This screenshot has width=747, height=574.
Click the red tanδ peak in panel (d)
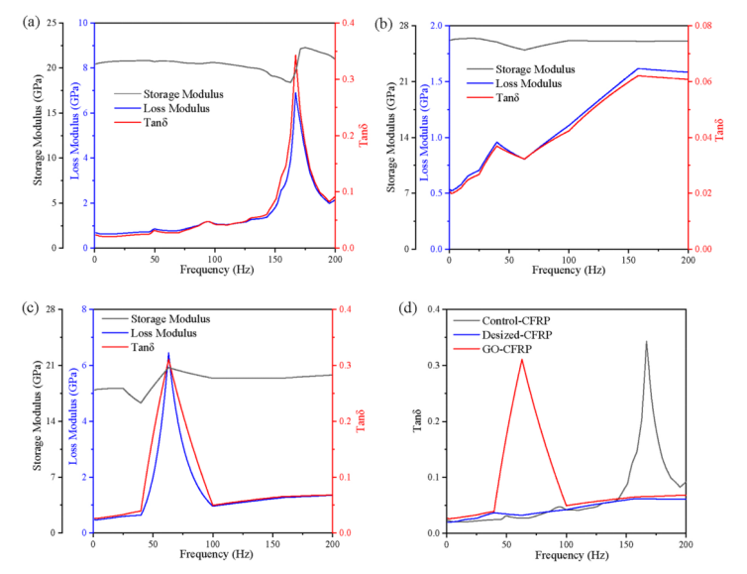pyautogui.click(x=522, y=359)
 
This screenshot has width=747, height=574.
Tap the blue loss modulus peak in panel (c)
pyautogui.click(x=168, y=353)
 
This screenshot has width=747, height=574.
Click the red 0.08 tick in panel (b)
pyautogui.click(x=700, y=25)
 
